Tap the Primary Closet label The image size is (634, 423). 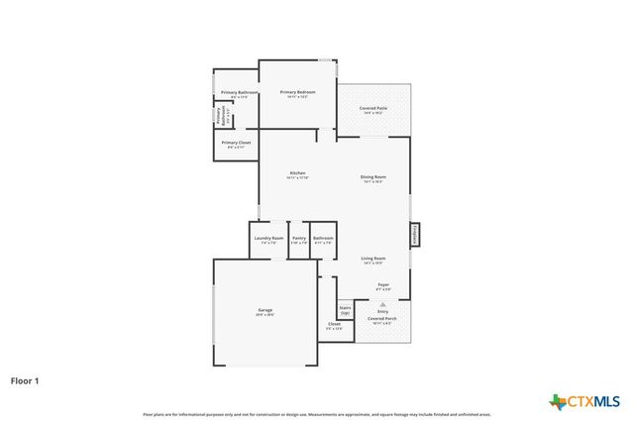(x=236, y=145)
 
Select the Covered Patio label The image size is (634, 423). (x=372, y=110)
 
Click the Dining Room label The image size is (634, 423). (x=373, y=179)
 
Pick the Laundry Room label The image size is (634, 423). (x=268, y=240)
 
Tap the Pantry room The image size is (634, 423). (x=298, y=240)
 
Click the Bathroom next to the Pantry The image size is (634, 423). (x=323, y=240)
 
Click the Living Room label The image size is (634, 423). (x=373, y=261)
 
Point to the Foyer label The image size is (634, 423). (x=383, y=286)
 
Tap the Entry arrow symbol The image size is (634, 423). (x=383, y=304)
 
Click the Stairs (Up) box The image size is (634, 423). (x=345, y=310)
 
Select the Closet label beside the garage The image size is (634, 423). (x=334, y=326)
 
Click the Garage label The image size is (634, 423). (x=265, y=312)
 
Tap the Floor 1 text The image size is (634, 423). (x=26, y=379)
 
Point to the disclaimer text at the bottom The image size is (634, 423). (x=317, y=414)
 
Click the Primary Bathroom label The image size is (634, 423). (x=239, y=94)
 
